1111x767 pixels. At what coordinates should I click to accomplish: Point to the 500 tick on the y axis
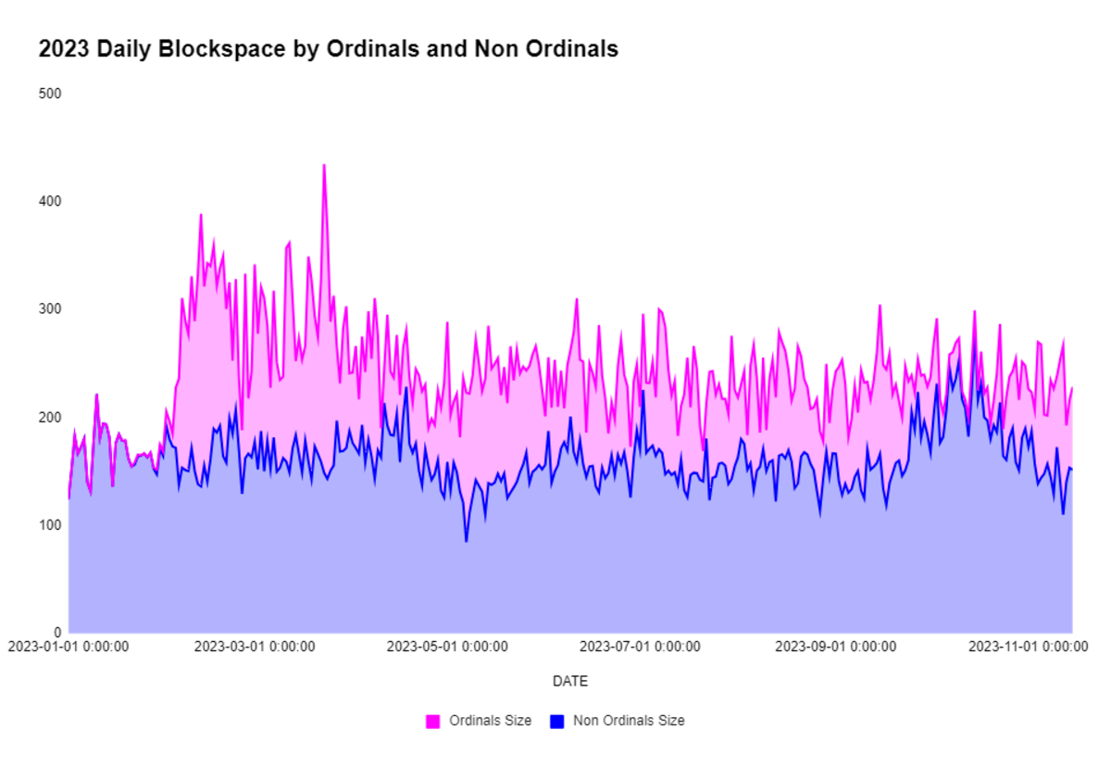click(49, 94)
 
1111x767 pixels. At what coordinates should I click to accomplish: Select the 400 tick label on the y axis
click(49, 201)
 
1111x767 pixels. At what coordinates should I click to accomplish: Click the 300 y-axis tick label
click(49, 308)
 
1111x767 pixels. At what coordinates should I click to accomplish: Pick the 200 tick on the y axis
click(49, 417)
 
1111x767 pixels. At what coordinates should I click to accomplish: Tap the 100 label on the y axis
click(49, 524)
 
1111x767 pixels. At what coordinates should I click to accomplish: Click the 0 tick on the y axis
click(57, 632)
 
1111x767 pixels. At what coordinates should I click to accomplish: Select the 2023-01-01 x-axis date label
click(69, 647)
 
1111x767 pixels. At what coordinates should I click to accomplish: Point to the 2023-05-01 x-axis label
click(446, 647)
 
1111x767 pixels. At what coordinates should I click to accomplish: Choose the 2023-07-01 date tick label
click(640, 647)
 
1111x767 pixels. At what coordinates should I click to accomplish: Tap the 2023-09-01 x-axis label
click(834, 647)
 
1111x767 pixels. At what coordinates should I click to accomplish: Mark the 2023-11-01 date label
click(1027, 647)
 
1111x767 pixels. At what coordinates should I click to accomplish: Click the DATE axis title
click(569, 682)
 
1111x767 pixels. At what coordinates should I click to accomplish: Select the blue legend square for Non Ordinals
click(557, 721)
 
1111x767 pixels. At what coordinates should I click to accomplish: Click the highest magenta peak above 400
click(324, 166)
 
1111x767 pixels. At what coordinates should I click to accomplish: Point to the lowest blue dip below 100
click(467, 541)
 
